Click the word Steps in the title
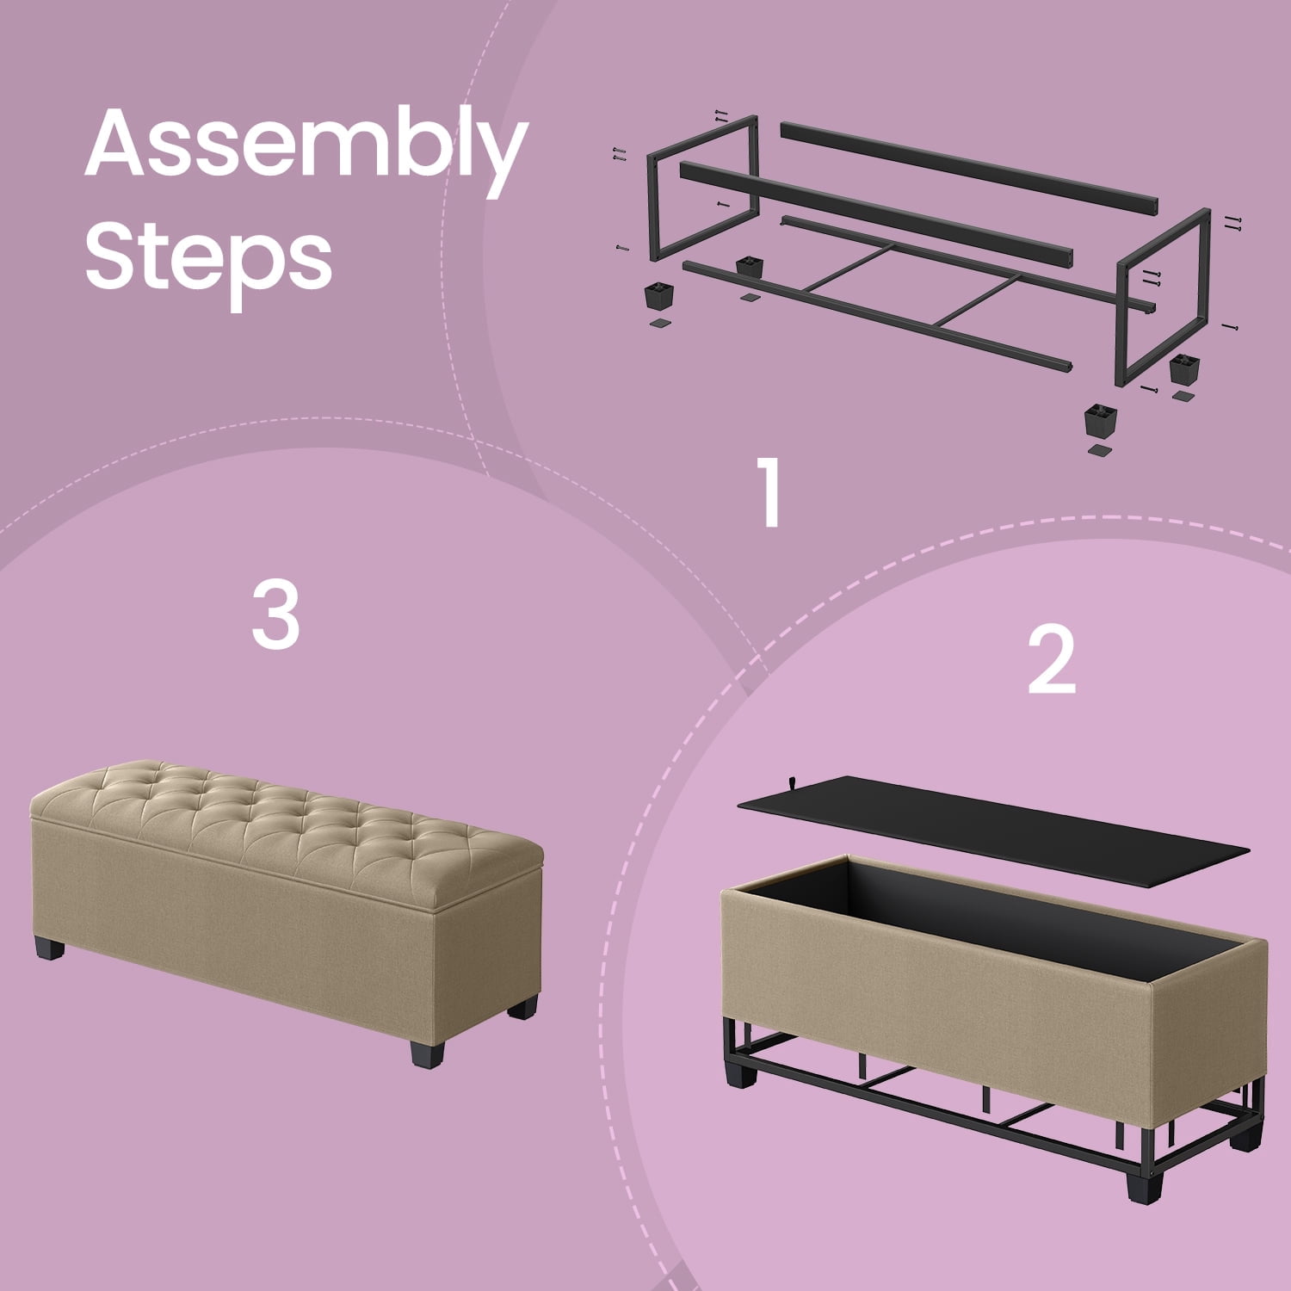(208, 255)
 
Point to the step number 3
(275, 614)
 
